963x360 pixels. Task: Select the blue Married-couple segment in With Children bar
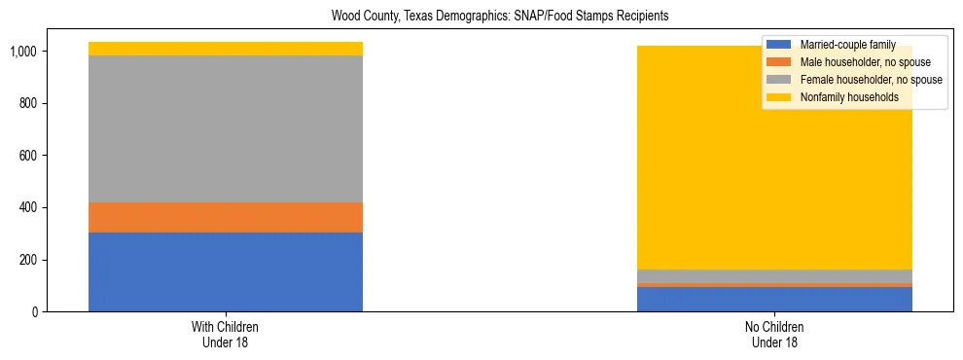click(226, 271)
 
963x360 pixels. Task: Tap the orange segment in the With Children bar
click(226, 217)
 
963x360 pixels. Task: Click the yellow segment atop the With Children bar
click(226, 49)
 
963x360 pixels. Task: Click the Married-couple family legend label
click(847, 45)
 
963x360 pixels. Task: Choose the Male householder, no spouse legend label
click(865, 62)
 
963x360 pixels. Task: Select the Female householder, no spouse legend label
click(871, 80)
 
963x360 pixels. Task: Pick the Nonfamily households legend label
click(848, 97)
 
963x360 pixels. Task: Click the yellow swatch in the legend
click(779, 97)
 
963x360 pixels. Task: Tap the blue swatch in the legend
click(779, 45)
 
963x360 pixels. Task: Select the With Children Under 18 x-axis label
click(226, 334)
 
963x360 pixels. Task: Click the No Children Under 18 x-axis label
click(774, 334)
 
